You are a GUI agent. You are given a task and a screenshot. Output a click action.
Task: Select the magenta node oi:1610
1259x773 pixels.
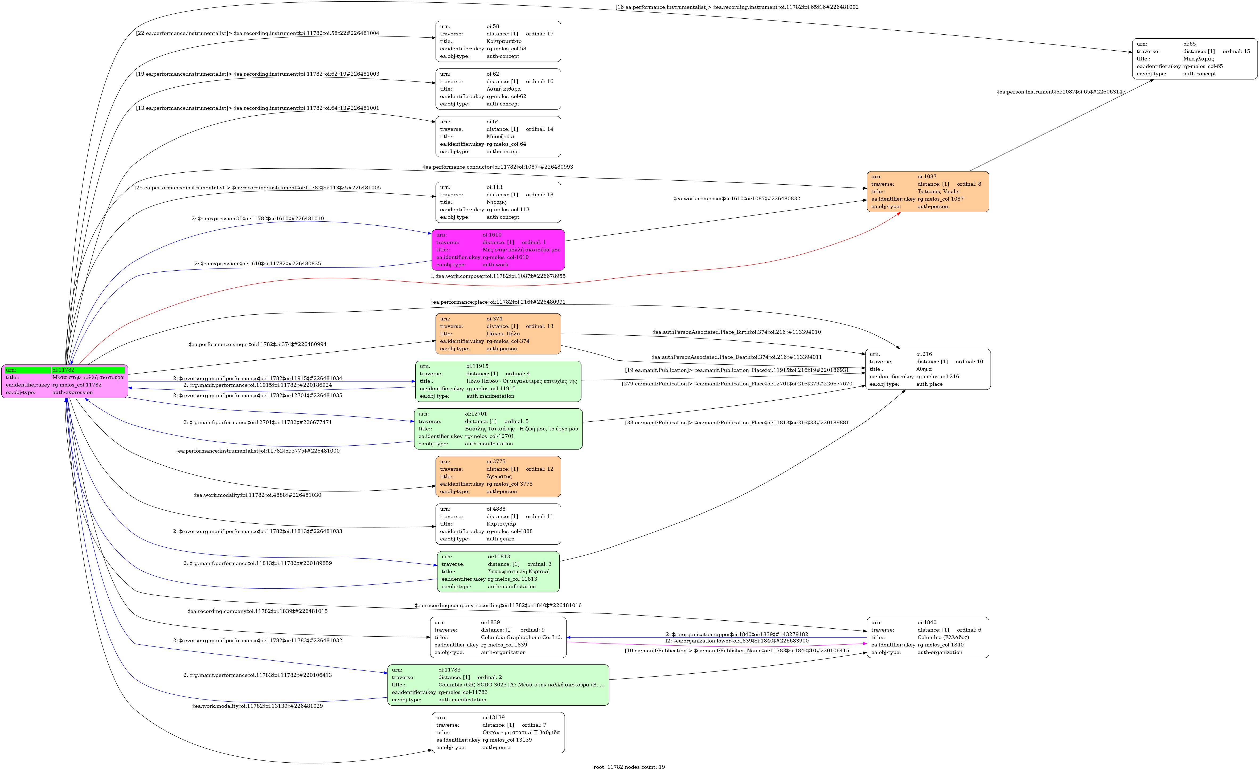(498, 250)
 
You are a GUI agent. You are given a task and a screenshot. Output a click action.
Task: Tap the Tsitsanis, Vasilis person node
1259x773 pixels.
(927, 192)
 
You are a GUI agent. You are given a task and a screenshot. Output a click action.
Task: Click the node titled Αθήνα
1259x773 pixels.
(927, 369)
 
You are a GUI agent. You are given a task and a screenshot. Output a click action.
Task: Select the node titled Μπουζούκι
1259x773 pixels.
(498, 136)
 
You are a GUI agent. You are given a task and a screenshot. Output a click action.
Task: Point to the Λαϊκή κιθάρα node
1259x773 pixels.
(498, 89)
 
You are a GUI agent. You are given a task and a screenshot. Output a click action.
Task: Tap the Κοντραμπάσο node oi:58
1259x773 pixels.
(498, 41)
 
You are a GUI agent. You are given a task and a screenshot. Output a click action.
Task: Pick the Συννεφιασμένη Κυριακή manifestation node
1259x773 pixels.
(498, 572)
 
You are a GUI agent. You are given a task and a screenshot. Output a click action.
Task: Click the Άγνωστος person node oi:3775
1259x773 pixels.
(498, 477)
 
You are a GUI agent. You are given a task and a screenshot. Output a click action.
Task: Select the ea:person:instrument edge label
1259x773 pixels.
(1061, 92)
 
